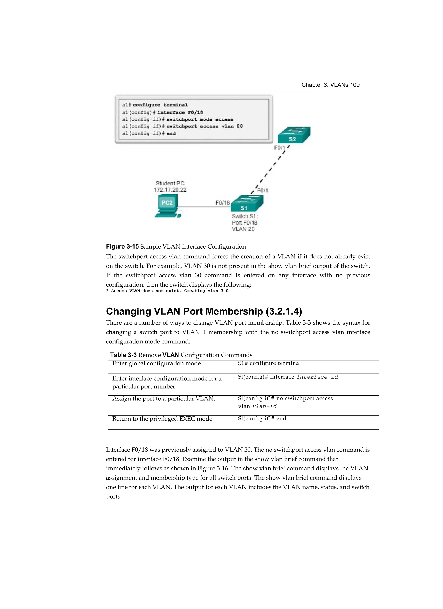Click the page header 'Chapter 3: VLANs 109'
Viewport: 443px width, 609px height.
click(330, 85)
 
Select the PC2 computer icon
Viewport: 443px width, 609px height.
click(168, 206)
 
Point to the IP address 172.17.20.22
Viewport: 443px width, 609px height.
click(170, 190)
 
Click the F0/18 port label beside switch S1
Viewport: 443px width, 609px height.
click(222, 203)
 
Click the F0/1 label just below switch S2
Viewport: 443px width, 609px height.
click(279, 148)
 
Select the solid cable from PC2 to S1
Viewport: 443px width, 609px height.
click(199, 207)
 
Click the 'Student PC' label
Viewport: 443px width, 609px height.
click(170, 183)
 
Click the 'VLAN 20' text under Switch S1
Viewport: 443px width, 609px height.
click(243, 229)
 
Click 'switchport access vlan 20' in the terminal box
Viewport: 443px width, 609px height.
click(204, 126)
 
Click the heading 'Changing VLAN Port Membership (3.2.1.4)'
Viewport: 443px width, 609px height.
click(204, 311)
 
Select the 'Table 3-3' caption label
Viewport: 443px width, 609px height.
click(123, 355)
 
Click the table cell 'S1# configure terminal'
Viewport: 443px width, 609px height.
click(269, 363)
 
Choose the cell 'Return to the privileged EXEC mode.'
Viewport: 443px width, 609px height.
click(163, 419)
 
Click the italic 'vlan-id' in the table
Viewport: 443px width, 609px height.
click(265, 406)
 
